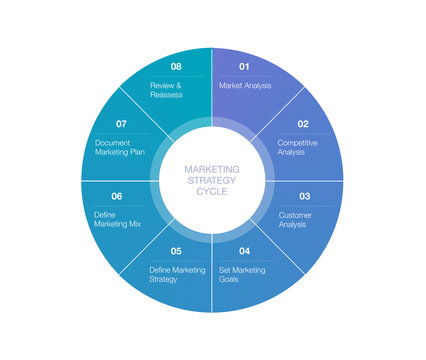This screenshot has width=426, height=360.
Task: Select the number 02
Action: (302, 124)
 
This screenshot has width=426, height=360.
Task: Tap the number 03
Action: (304, 196)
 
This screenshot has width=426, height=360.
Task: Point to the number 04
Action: (244, 250)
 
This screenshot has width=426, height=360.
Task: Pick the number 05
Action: (175, 250)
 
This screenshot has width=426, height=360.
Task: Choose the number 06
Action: (116, 196)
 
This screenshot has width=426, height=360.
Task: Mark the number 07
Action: (120, 124)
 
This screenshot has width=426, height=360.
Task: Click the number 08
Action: (176, 67)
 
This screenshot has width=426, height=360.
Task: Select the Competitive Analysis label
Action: (298, 147)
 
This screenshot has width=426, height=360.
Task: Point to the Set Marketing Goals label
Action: (242, 275)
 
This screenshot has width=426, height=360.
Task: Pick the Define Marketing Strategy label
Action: (177, 275)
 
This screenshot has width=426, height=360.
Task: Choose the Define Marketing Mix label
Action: (118, 220)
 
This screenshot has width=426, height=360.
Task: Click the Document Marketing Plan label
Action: (121, 147)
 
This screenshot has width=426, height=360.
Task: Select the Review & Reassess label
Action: (166, 90)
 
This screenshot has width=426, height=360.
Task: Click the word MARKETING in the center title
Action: (212, 169)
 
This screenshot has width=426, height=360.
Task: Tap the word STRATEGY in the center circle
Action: (212, 180)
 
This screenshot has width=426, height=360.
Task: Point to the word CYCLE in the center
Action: (212, 191)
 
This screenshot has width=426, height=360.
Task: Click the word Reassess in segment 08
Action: (166, 95)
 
